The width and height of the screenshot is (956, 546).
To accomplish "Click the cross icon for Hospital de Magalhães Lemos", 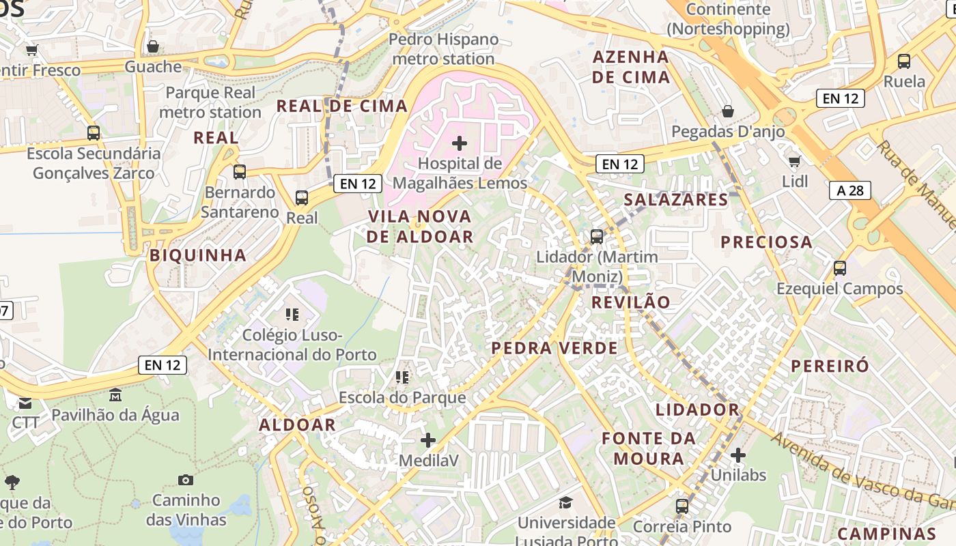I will [x=460, y=143].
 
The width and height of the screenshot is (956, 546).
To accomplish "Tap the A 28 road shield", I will [x=850, y=190].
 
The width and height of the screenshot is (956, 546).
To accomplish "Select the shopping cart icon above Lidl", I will [x=794, y=161].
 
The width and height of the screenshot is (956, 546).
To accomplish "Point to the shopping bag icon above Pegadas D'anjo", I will [x=728, y=111].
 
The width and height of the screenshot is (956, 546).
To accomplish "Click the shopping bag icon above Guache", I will [x=153, y=46].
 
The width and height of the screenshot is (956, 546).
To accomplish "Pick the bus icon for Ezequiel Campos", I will [x=839, y=268].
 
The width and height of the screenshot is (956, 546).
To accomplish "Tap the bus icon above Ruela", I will [x=904, y=61].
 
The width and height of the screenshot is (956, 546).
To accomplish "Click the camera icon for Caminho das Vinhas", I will [x=185, y=480].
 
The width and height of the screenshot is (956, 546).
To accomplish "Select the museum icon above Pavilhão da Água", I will [x=115, y=394].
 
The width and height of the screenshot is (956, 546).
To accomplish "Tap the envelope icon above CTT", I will [x=25, y=403].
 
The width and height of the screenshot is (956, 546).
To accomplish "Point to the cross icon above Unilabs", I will [x=737, y=455].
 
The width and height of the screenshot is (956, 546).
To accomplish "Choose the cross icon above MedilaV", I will [x=428, y=440].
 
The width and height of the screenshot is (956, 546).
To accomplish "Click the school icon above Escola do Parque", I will [x=402, y=377].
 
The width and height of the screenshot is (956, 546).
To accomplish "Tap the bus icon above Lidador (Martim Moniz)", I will [x=596, y=237].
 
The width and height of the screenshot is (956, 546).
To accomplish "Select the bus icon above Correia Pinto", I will [x=681, y=506].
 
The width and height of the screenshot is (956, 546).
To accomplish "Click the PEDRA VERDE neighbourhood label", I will [x=554, y=348].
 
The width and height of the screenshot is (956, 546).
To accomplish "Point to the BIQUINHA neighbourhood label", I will [x=197, y=255].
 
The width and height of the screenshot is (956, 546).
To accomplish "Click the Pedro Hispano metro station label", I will [x=443, y=49].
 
